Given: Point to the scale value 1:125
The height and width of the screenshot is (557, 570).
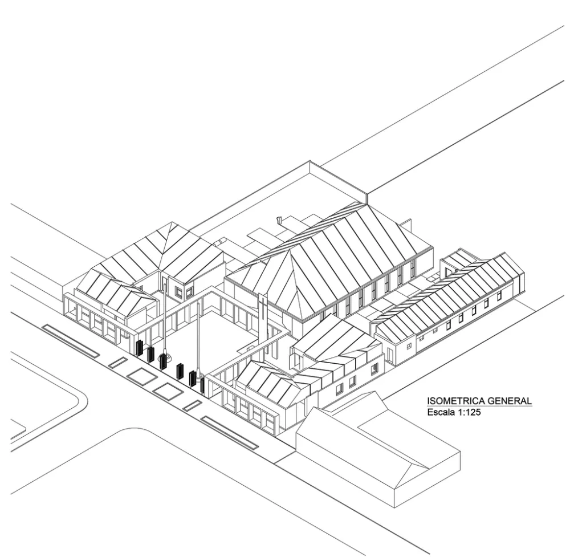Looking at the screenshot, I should coord(467,411).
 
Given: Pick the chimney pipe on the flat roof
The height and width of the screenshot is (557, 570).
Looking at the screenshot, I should coord(279,219).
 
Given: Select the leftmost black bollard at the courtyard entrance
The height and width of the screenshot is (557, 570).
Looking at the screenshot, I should coord(139,347).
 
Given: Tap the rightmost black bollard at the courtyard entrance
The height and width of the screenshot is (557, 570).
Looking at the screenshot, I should coord(202,385).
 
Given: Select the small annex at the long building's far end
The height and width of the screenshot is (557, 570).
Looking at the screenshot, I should coord(455,262).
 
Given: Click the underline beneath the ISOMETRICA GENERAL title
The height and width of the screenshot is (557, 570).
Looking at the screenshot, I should coord(479,406).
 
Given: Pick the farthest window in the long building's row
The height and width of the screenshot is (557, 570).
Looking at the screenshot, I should coord(499,295).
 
